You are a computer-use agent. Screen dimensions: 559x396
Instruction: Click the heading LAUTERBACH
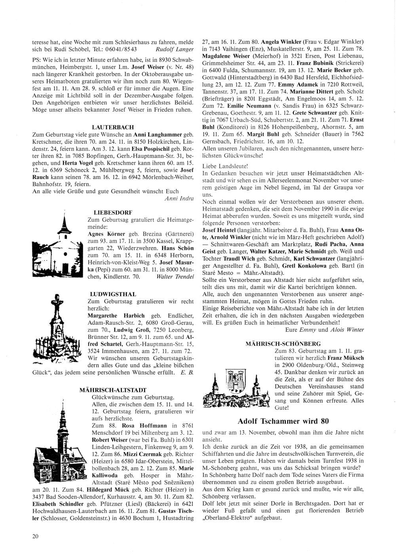tap(113, 127)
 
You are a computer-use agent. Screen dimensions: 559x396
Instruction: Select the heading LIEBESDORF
tap(113, 212)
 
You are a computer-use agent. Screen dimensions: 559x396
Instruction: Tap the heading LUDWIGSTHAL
tap(113, 294)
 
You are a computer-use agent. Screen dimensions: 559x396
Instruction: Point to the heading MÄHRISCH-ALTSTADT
tap(113, 390)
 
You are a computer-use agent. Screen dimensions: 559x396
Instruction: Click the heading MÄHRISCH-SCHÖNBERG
tap(283, 344)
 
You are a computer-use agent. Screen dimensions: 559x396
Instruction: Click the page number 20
tap(35, 536)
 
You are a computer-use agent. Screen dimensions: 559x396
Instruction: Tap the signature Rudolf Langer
tap(175, 49)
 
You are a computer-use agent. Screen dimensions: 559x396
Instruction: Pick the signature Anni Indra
tap(179, 198)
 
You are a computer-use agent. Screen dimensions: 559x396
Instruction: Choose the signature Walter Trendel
tap(175, 276)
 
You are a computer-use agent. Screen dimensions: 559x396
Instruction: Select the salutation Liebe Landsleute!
tap(225, 166)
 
